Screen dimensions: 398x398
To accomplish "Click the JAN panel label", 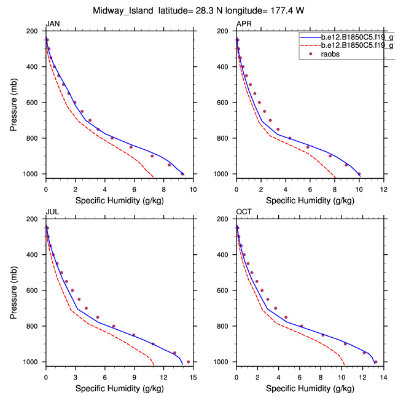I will click(53, 24).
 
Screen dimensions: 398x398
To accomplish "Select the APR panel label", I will click(244, 24).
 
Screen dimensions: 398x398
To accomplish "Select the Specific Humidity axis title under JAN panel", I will click(119, 200).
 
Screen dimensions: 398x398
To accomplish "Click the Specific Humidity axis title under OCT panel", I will click(310, 388).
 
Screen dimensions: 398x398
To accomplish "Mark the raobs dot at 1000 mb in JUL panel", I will click(188, 362).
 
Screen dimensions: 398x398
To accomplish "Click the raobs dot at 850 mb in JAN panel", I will click(131, 147).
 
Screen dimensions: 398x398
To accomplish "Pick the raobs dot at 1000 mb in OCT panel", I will click(376, 362).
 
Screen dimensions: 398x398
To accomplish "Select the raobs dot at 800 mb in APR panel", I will click(290, 138).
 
